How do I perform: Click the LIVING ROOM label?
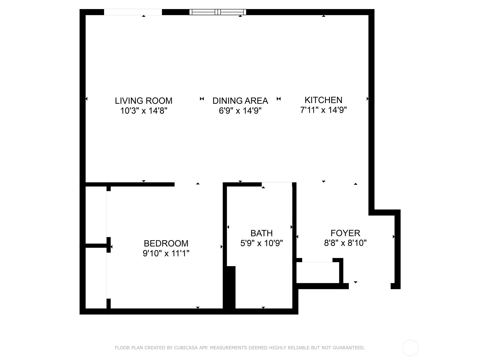[144, 101]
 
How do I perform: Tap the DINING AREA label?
[240, 101]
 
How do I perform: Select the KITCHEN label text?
[323, 100]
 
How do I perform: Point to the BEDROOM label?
[166, 243]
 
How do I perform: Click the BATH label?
[262, 233]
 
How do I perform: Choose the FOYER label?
[345, 233]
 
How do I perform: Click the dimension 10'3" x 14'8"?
[144, 111]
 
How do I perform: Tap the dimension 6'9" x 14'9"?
[240, 111]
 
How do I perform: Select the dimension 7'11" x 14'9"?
[323, 110]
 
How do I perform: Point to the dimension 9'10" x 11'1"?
[166, 253]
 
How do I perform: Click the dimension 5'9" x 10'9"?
[262, 243]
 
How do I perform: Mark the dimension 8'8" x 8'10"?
[345, 243]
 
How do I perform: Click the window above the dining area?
[217, 12]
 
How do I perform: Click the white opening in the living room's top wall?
[133, 12]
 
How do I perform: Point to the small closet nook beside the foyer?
[317, 273]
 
